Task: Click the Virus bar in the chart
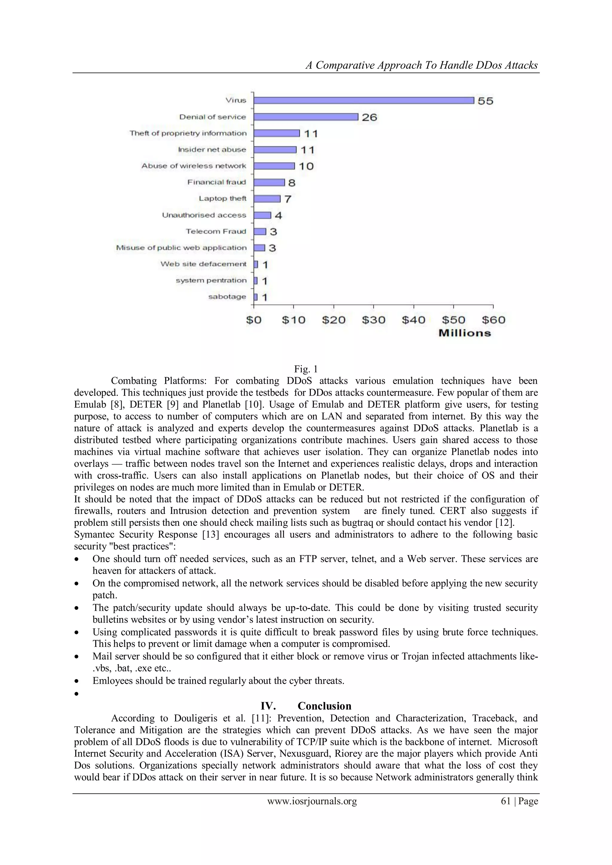pyautogui.click(x=363, y=100)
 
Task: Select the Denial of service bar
pyautogui.click(x=306, y=117)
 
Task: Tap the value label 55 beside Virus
pyautogui.click(x=485, y=101)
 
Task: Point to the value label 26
pyautogui.click(x=369, y=117)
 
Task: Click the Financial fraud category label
pyautogui.click(x=216, y=182)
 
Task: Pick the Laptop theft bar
pyautogui.click(x=267, y=198)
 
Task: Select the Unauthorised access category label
pyautogui.click(x=204, y=215)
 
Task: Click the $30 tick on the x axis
pyautogui.click(x=374, y=320)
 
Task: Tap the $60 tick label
pyautogui.click(x=493, y=320)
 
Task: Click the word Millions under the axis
pyautogui.click(x=465, y=333)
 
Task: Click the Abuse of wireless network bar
pyautogui.click(x=274, y=166)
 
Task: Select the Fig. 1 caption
pyautogui.click(x=306, y=369)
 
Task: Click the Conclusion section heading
pyautogui.click(x=324, y=706)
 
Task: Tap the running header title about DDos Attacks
pyautogui.click(x=421, y=65)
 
